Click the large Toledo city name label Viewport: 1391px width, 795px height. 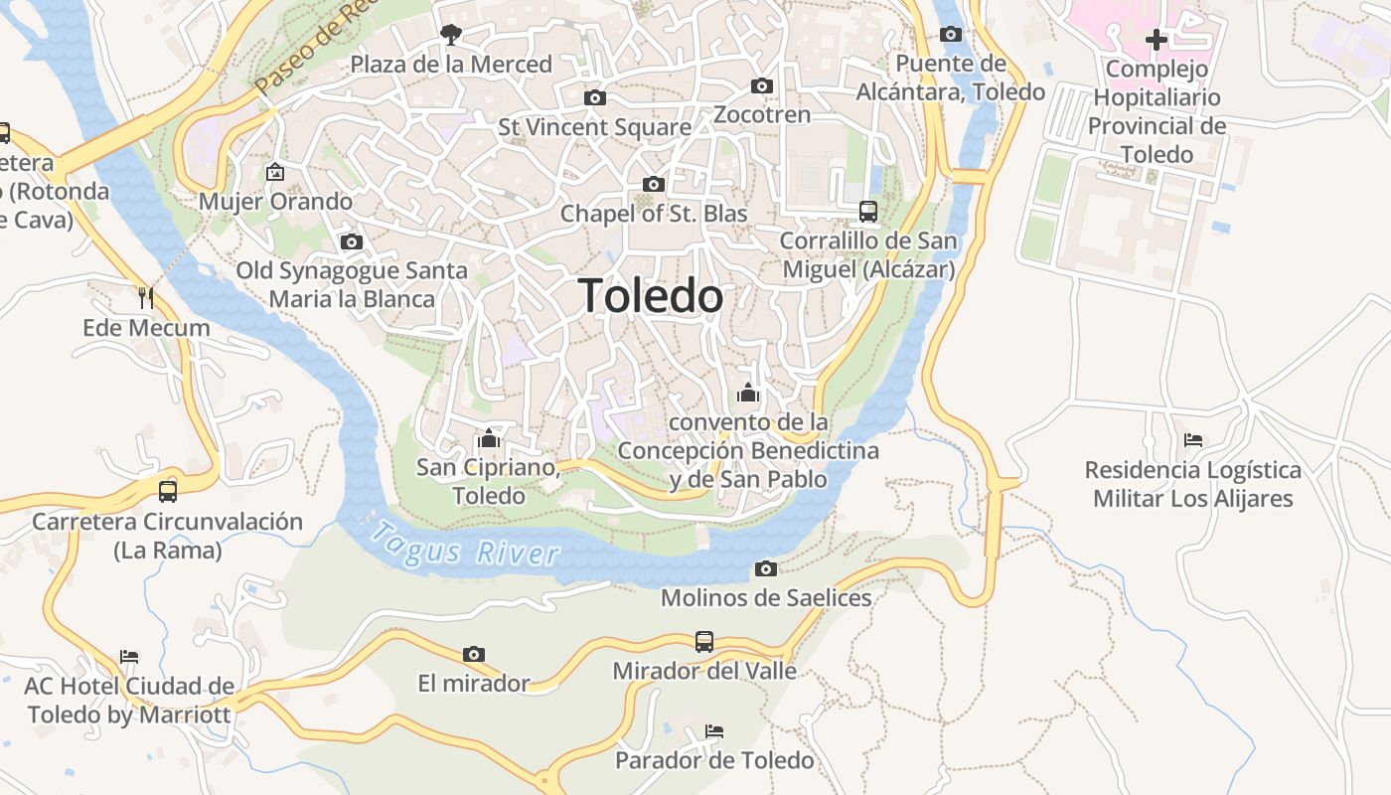point(651,296)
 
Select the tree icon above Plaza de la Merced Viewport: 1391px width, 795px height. point(451,35)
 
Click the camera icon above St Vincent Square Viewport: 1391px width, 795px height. point(595,97)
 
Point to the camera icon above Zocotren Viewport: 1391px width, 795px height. point(762,85)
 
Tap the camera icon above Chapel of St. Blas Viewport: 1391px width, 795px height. point(654,184)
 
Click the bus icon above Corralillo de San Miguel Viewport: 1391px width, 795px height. point(868,211)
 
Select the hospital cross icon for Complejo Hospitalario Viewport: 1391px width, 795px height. point(1156,40)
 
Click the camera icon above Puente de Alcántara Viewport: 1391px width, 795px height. point(951,35)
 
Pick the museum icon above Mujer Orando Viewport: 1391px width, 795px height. point(275,172)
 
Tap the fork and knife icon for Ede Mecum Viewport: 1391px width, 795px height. point(146,297)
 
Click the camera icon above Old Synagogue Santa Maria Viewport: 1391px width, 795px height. point(351,241)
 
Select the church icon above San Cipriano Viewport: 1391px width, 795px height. point(488,438)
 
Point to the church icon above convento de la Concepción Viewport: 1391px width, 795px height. point(748,393)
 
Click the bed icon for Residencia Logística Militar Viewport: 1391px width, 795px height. point(1193,439)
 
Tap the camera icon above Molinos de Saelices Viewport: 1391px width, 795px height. point(765,568)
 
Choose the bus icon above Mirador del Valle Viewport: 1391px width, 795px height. point(704,641)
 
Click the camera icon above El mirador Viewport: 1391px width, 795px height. point(474,654)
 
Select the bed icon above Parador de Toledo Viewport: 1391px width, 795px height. point(713,731)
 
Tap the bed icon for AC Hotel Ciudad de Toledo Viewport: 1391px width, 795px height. point(129,657)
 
